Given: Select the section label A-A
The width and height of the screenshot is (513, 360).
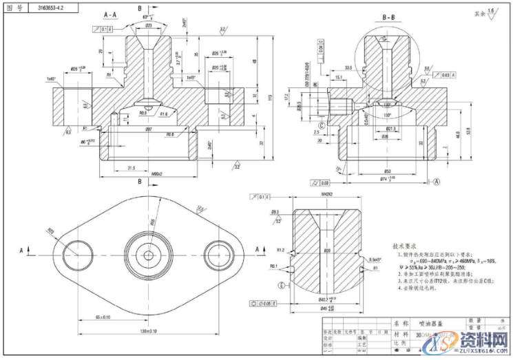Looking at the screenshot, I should tap(109, 14).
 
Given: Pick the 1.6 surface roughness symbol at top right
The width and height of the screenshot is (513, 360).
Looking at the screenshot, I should tap(490, 12).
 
